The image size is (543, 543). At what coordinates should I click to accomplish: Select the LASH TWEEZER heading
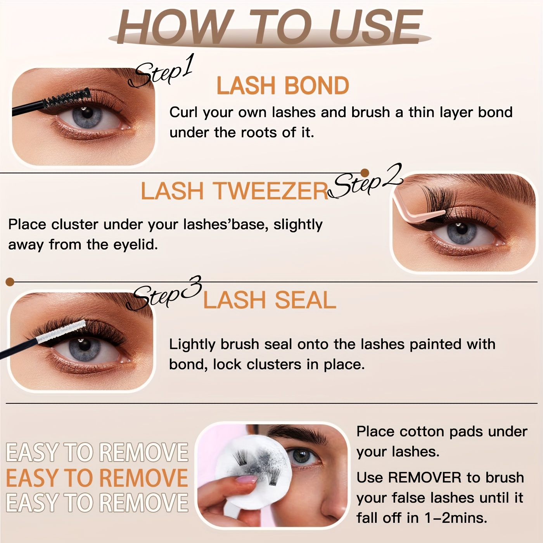click(x=234, y=191)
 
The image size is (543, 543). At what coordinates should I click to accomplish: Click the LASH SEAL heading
click(x=270, y=300)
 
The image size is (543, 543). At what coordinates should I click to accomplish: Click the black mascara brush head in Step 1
click(x=66, y=99)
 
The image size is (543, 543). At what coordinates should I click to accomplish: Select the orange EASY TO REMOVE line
click(x=97, y=478)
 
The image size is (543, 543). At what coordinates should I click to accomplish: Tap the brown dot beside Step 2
click(x=365, y=173)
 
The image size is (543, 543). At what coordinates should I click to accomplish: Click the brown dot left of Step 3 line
click(x=10, y=282)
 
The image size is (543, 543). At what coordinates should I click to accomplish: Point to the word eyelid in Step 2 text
click(x=135, y=245)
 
